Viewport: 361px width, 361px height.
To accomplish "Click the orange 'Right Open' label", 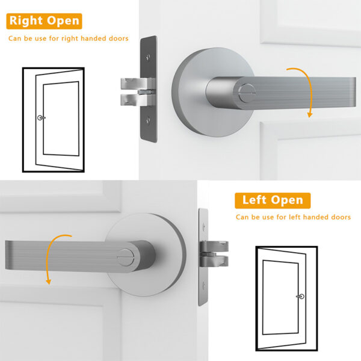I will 44,20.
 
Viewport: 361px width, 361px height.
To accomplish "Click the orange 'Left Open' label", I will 273,200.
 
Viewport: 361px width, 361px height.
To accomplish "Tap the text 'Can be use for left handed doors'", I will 293,217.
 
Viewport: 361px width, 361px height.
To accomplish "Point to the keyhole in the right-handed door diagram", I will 40,118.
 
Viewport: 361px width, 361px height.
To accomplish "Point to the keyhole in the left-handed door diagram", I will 300,297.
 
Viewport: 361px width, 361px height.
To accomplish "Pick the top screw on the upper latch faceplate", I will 148,58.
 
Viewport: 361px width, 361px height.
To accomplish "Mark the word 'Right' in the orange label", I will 26,20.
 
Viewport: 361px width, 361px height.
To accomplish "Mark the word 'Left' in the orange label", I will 255,200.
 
